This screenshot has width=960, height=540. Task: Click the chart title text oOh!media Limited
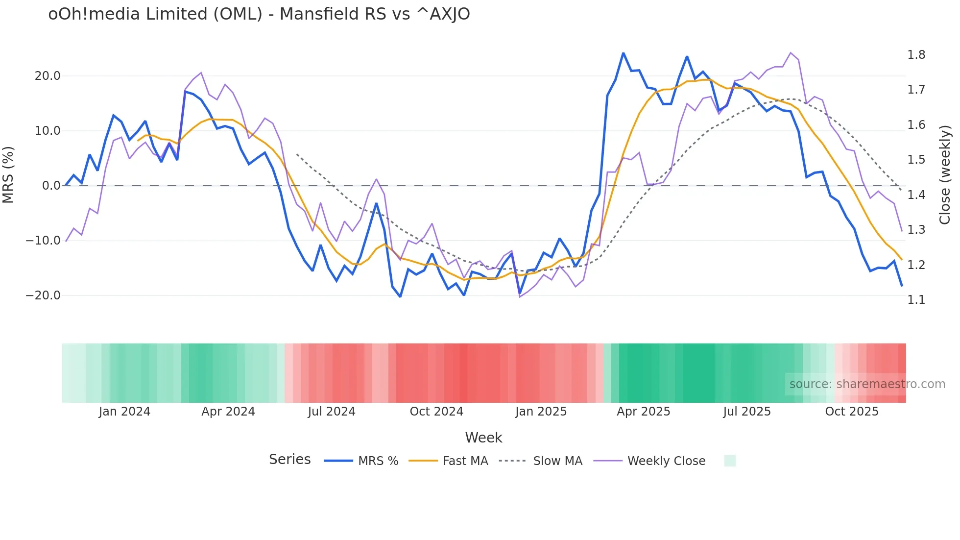tap(259, 14)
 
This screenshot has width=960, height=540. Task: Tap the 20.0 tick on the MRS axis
tap(48, 76)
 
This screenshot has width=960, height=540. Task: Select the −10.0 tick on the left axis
tap(43, 241)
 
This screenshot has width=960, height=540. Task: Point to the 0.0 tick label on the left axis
tap(51, 186)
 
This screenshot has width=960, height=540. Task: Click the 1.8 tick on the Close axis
tap(916, 55)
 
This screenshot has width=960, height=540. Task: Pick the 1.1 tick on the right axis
tap(916, 300)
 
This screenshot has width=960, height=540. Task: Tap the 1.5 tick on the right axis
tap(916, 160)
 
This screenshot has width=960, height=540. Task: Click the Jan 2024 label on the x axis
tap(124, 412)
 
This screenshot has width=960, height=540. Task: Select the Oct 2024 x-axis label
tap(436, 412)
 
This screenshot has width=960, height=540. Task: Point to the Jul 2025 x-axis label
tap(747, 412)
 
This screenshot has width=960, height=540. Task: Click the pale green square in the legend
tap(730, 461)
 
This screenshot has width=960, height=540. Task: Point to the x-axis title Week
tap(483, 438)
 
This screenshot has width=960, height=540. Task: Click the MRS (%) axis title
tap(8, 175)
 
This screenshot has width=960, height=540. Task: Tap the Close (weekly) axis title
tap(945, 175)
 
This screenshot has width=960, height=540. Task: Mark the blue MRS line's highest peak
tap(623, 53)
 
